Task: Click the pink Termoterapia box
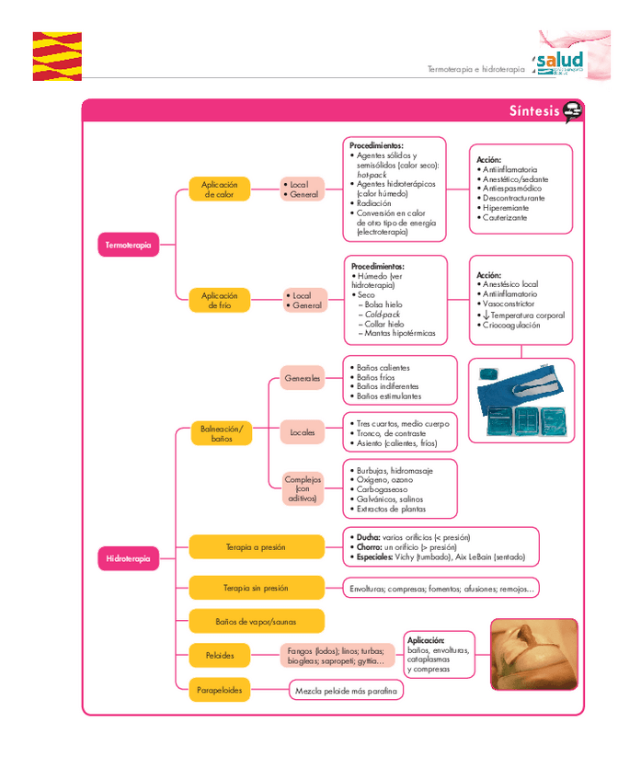pyautogui.click(x=128, y=245)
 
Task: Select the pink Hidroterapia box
pyautogui.click(x=128, y=558)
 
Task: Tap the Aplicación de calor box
pyautogui.click(x=219, y=189)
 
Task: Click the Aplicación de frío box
pyautogui.click(x=219, y=300)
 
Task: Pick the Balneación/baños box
pyautogui.click(x=221, y=433)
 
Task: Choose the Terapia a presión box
pyautogui.click(x=256, y=547)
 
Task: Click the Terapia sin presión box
pyautogui.click(x=256, y=588)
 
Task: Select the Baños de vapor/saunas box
pyautogui.click(x=256, y=622)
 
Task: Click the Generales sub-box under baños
pyautogui.click(x=303, y=378)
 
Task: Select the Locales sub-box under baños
pyautogui.click(x=303, y=431)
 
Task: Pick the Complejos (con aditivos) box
pyautogui.click(x=303, y=488)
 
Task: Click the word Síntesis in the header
pyautogui.click(x=533, y=111)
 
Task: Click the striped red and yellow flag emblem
pyautogui.click(x=56, y=56)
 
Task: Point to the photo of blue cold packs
pyautogui.click(x=521, y=399)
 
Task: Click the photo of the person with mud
pyautogui.click(x=532, y=655)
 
